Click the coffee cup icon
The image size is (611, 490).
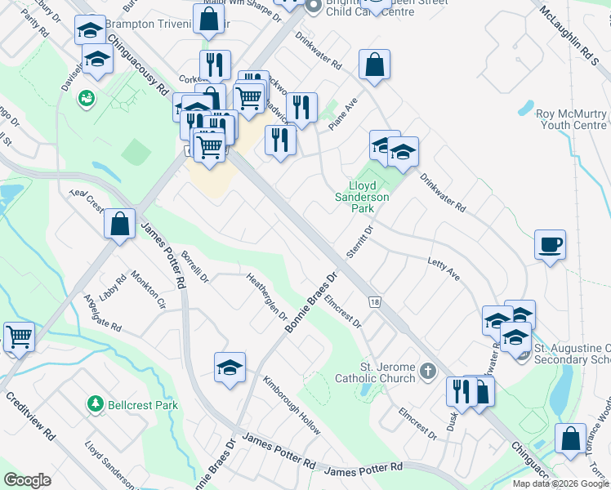tap(550, 243)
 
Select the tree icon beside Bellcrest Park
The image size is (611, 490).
tap(96, 403)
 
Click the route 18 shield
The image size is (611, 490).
tap(374, 302)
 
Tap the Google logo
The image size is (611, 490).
tap(27, 480)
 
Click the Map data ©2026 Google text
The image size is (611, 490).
tap(560, 483)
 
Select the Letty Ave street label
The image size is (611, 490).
tap(444, 268)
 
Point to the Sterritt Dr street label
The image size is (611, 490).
tap(359, 243)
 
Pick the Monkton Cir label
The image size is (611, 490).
tap(148, 291)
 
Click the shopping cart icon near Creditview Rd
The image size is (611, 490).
tap(18, 336)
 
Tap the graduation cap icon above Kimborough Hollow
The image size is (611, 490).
tap(230, 367)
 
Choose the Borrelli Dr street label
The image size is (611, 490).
tap(195, 266)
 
